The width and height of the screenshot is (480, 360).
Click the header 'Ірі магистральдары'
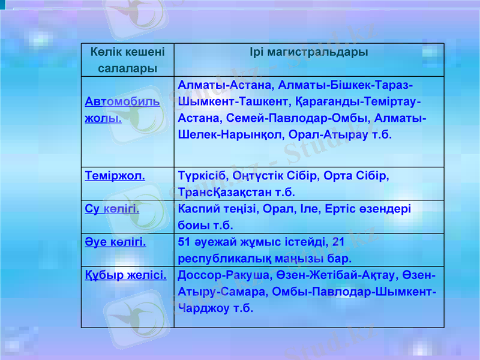(309, 52)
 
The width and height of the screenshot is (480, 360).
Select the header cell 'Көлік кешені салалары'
(127, 60)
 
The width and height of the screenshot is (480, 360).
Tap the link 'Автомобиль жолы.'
(122, 109)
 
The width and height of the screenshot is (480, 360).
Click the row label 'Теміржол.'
(115, 177)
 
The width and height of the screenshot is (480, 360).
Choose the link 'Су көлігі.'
(112, 209)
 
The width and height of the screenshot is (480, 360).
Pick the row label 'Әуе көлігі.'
(116, 242)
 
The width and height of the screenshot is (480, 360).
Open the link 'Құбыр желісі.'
(126, 275)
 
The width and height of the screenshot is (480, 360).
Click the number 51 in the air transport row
(185, 242)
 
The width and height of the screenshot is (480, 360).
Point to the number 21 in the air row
(338, 242)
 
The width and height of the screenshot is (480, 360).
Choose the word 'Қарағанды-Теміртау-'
(359, 101)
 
